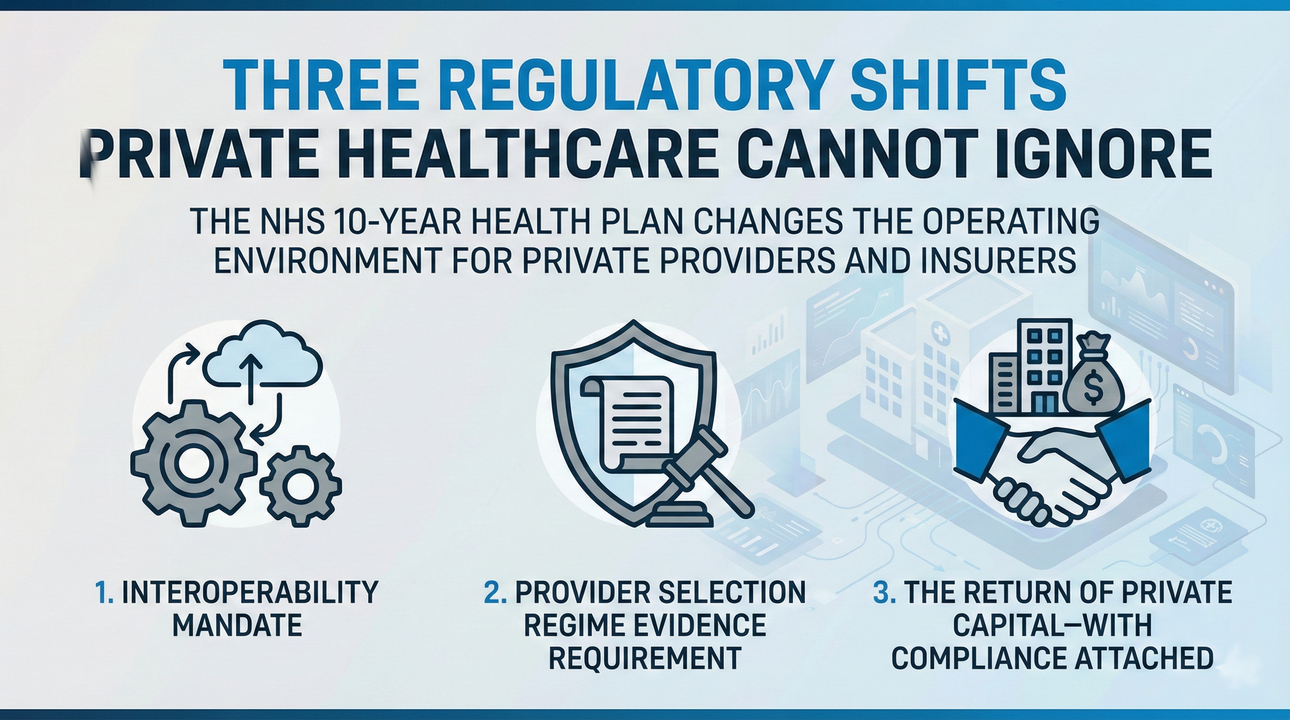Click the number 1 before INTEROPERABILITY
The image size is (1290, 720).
click(x=103, y=593)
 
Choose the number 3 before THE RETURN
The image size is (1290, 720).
click(x=884, y=593)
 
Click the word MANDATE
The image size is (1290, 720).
click(x=237, y=625)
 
